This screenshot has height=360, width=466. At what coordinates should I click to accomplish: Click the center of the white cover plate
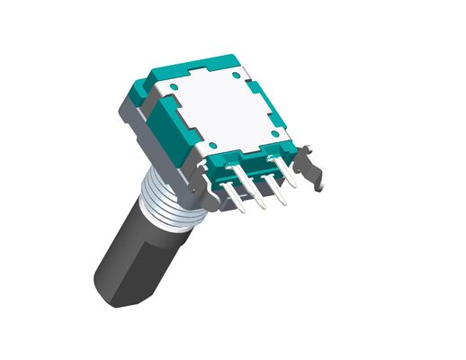(x=225, y=109)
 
